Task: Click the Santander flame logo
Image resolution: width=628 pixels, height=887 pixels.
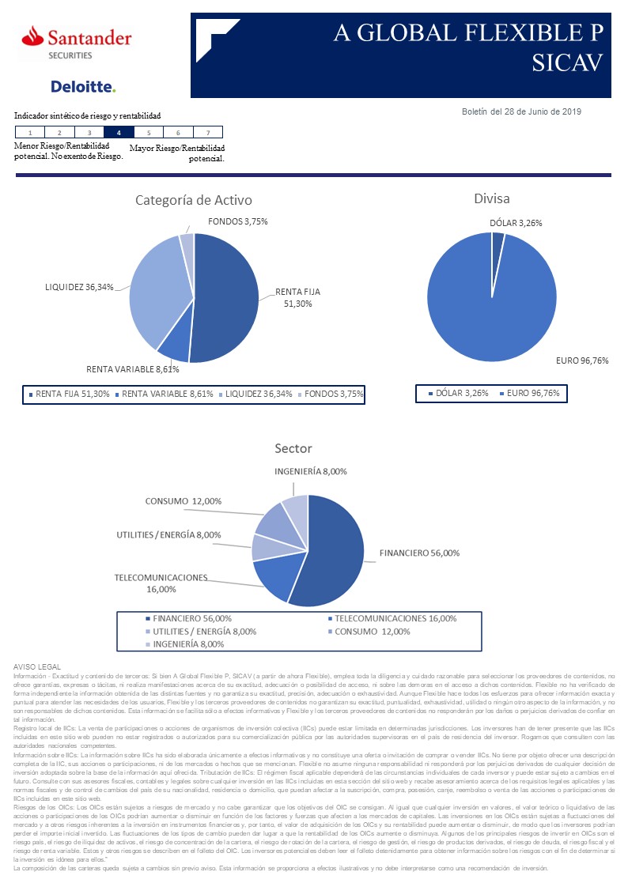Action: (33, 35)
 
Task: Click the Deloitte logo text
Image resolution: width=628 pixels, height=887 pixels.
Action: (82, 86)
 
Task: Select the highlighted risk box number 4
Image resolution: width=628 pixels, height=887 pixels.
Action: (119, 133)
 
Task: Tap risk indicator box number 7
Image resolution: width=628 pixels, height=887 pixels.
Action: (207, 133)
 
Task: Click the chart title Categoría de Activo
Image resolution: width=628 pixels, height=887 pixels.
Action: (194, 200)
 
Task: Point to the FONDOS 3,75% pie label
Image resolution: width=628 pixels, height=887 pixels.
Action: (238, 221)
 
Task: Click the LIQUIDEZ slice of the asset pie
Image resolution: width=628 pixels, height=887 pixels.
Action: (158, 289)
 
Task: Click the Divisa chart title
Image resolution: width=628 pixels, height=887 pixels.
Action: (491, 198)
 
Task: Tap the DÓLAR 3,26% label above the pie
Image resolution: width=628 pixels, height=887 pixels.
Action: (516, 223)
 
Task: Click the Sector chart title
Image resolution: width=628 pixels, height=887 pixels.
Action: (293, 448)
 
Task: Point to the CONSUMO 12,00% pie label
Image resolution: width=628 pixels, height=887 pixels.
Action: (183, 501)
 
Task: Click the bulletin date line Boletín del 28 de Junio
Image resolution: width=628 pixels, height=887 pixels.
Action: (521, 111)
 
